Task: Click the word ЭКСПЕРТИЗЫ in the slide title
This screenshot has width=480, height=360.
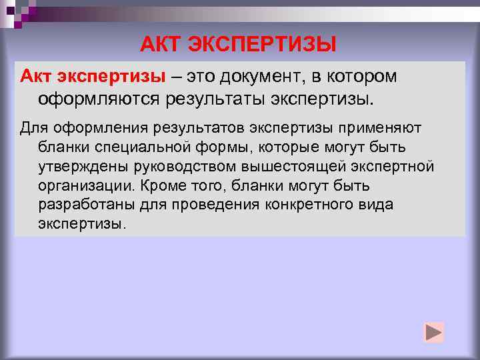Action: coord(263,45)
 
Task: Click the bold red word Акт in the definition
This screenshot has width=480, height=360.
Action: coord(39,77)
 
